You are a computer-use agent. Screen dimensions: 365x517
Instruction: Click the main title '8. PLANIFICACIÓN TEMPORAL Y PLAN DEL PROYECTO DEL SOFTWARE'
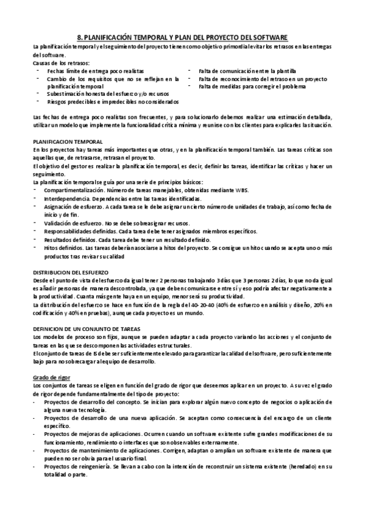[182, 37]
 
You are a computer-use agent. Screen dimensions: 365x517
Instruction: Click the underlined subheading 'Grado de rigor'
[52, 378]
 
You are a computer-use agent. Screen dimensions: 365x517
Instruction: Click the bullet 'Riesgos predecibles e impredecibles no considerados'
[113, 102]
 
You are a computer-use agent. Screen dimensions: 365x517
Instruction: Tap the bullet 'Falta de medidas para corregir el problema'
[249, 87]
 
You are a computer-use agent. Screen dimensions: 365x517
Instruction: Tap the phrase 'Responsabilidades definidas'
[81, 231]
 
